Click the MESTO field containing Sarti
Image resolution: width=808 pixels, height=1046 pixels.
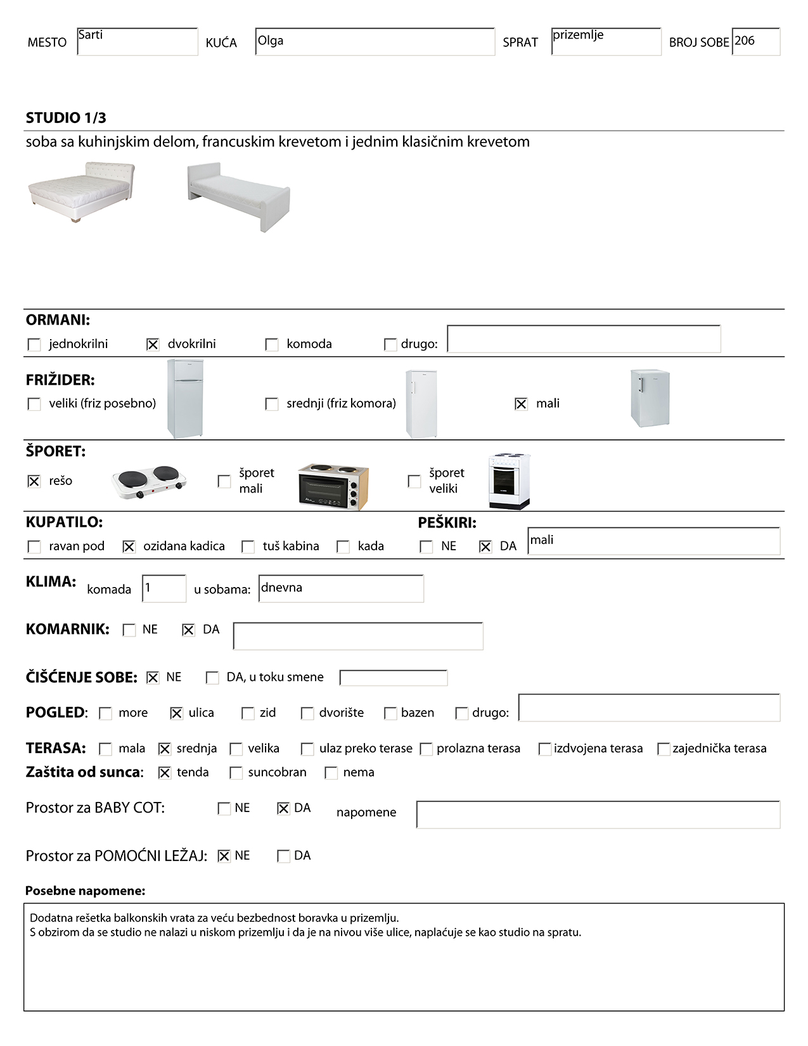tap(138, 42)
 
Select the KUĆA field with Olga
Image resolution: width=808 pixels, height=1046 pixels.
tap(375, 42)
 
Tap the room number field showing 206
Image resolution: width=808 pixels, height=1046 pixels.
tap(755, 42)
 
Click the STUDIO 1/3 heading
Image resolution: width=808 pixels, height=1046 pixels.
tap(66, 118)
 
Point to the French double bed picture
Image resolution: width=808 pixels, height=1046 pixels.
tap(82, 191)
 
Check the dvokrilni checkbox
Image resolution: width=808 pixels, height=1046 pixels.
tap(153, 344)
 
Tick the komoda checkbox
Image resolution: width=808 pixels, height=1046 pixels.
tap(272, 344)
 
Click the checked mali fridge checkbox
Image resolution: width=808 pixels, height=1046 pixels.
tap(521, 404)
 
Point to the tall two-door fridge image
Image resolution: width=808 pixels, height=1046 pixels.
tap(185, 399)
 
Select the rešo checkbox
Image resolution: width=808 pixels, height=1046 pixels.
tap(34, 481)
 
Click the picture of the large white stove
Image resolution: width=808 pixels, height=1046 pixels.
tap(509, 481)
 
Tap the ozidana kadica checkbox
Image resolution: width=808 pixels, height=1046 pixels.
tap(129, 546)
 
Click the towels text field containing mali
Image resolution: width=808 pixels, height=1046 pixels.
tap(653, 541)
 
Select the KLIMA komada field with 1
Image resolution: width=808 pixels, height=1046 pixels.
tap(164, 588)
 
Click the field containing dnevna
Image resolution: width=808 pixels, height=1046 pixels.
tap(341, 588)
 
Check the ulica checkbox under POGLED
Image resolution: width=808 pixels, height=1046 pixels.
tap(176, 713)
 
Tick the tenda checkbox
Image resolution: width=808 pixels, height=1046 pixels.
tap(165, 773)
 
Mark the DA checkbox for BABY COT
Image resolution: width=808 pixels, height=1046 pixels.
tap(283, 808)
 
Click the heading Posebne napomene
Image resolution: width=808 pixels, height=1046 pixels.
tap(86, 891)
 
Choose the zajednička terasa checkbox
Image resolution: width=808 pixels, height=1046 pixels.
tap(664, 749)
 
